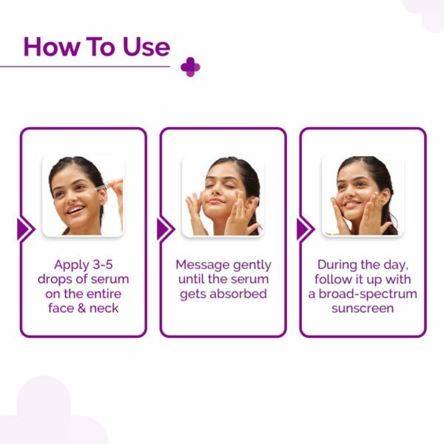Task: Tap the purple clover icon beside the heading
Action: [190, 67]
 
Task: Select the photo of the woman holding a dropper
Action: [83, 196]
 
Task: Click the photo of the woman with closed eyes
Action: [223, 196]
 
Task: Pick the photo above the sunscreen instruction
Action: [363, 196]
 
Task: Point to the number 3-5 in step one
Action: [102, 264]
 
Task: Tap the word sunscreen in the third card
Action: [363, 309]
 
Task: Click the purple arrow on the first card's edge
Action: [25, 229]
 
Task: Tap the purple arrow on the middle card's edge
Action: [164, 229]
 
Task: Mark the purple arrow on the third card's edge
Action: [304, 229]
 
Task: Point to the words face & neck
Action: [83, 309]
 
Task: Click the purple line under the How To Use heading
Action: [85, 67]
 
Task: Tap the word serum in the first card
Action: [110, 279]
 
